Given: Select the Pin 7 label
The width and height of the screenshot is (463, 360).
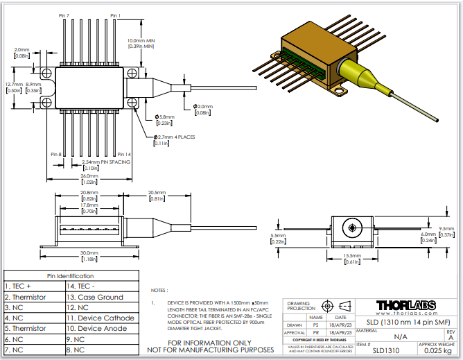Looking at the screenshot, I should click(x=64, y=15).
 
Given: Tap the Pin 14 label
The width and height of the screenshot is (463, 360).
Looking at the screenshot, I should click(x=123, y=154).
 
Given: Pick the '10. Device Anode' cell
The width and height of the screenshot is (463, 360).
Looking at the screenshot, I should click(x=99, y=328).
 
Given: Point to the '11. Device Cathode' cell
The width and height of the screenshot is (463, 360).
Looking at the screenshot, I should click(x=99, y=318).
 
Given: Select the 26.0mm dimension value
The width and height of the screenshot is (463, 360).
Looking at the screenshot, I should click(x=88, y=175).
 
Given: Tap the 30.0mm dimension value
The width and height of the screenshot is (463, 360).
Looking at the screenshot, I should click(x=88, y=252).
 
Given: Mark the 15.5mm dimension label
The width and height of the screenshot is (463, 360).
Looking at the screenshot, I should click(x=353, y=256).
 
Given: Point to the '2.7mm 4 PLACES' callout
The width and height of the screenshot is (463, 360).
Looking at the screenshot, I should click(x=175, y=137).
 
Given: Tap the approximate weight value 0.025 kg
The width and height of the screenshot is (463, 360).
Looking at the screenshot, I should click(x=439, y=350).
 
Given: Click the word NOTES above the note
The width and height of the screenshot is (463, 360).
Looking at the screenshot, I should click(x=159, y=291).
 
